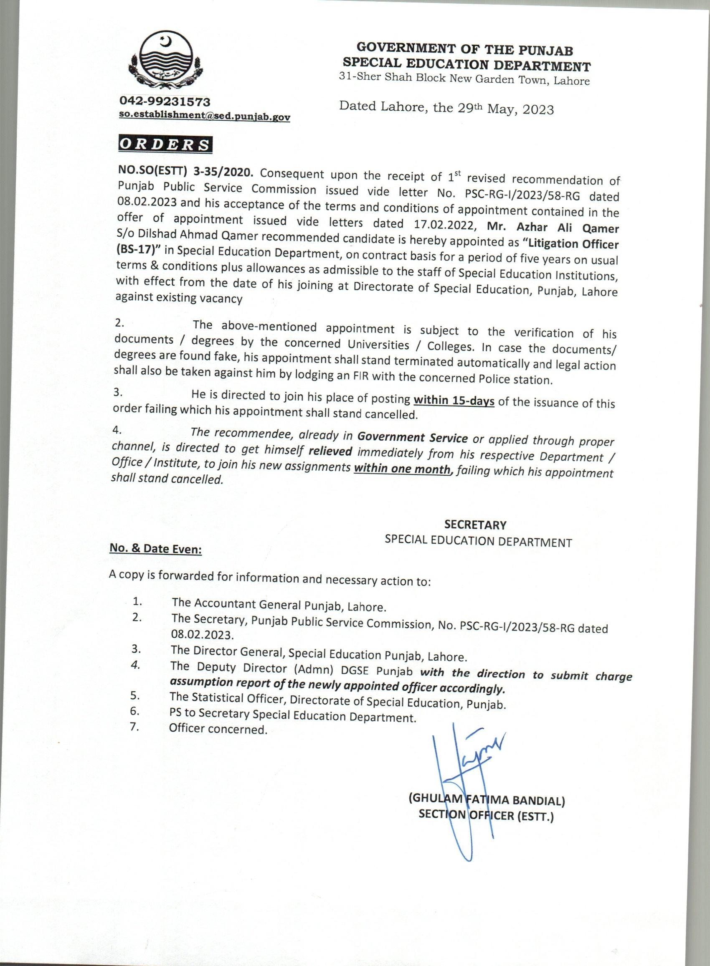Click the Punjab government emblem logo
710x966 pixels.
pyautogui.click(x=165, y=61)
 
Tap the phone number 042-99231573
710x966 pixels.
pyautogui.click(x=165, y=102)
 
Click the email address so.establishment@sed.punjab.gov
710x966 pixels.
pyautogui.click(x=205, y=117)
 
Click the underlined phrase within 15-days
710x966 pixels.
pyautogui.click(x=454, y=401)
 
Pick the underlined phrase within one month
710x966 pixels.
pyautogui.click(x=401, y=469)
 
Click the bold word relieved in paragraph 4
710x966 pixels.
pyautogui.click(x=331, y=451)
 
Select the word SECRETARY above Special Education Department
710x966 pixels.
pyautogui.click(x=475, y=525)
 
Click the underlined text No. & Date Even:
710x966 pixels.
pyautogui.click(x=156, y=549)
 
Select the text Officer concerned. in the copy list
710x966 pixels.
pyautogui.click(x=218, y=729)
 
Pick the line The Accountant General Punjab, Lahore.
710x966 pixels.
pyautogui.click(x=279, y=605)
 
